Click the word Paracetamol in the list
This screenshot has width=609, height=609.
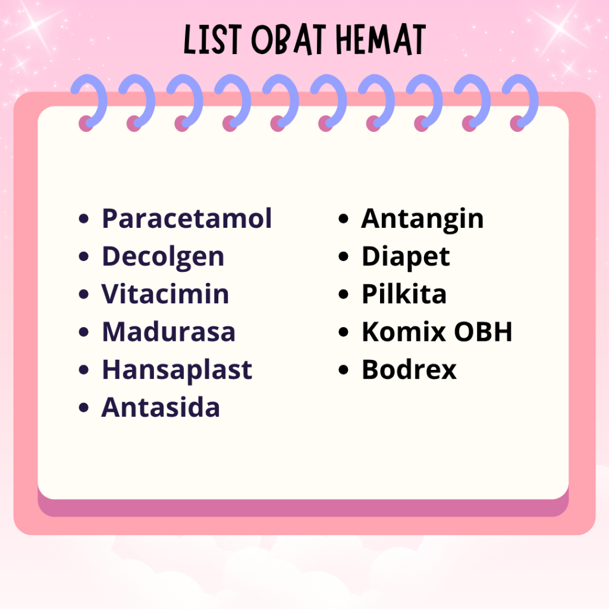[186, 218]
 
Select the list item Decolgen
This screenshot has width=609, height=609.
[163, 258]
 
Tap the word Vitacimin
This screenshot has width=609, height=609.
[165, 294]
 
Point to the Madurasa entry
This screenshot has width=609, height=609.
[168, 332]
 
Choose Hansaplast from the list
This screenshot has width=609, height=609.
[177, 370]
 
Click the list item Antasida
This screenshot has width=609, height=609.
[161, 407]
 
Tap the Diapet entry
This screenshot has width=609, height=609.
[406, 258]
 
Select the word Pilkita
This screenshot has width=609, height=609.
[404, 294]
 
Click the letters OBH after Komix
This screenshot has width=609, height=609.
[483, 332]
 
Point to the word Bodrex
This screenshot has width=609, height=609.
[409, 369]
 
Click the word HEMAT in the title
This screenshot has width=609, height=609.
[381, 40]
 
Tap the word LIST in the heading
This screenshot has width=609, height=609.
[213, 40]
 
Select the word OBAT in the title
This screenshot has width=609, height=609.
[288, 40]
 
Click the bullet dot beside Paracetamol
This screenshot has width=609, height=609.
[83, 218]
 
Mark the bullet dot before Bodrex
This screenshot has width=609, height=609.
[343, 369]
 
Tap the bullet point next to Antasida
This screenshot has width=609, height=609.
[83, 407]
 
